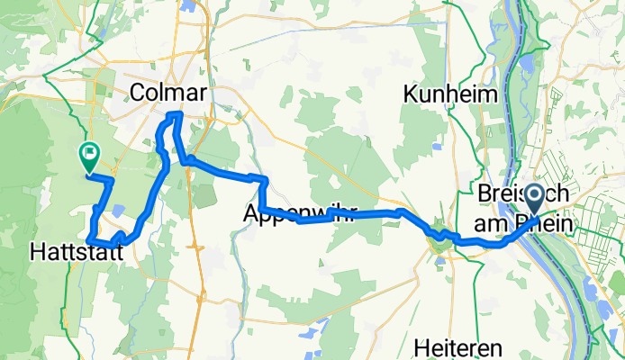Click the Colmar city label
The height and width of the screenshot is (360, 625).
tap(168, 93)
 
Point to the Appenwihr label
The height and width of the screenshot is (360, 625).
tap(300, 213)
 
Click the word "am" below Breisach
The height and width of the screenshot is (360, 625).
tap(496, 218)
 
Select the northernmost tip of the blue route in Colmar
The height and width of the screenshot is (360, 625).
tap(177, 113)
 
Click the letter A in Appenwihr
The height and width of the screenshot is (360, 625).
tap(253, 213)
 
